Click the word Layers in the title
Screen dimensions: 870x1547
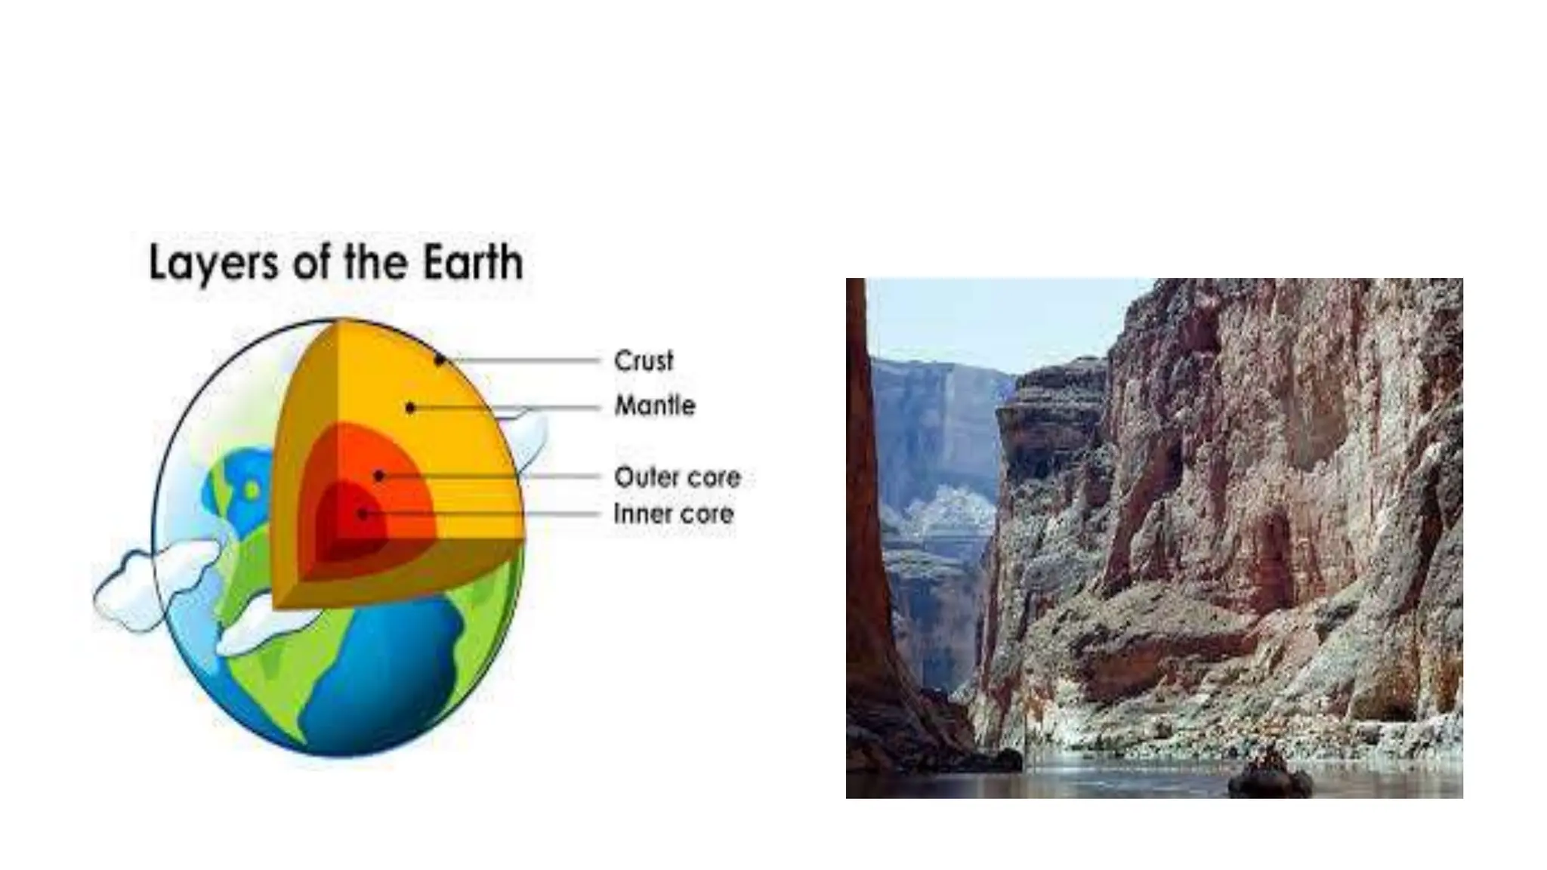tap(214, 264)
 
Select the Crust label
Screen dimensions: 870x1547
tap(643, 361)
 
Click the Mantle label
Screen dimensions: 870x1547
tap(654, 406)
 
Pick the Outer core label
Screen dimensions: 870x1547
tap(677, 477)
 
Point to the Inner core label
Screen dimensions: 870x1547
tap(673, 514)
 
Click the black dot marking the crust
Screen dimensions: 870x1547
tap(439, 360)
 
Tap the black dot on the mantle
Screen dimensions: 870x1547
tap(410, 408)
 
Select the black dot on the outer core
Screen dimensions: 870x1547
tap(379, 477)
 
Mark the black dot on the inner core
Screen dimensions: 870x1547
tap(363, 514)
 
